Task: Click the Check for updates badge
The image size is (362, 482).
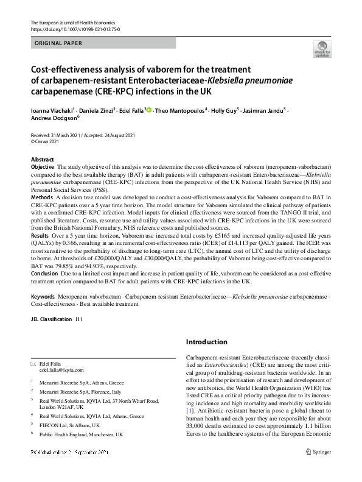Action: pyautogui.click(x=321, y=48)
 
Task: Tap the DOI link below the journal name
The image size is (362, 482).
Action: pyautogui.click(x=75, y=29)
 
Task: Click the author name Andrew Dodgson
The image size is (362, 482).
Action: pyautogui.click(x=53, y=118)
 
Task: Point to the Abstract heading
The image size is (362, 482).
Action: pyautogui.click(x=43, y=158)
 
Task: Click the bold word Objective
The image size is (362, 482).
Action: pyautogui.click(x=43, y=166)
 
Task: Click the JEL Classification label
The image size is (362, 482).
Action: pyautogui.click(x=52, y=319)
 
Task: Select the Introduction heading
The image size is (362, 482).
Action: pyautogui.click(x=207, y=342)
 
